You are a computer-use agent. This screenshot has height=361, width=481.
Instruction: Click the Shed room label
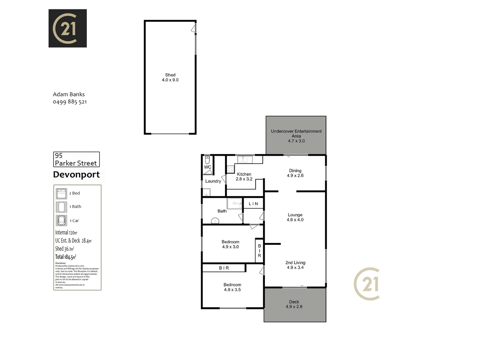[170, 78]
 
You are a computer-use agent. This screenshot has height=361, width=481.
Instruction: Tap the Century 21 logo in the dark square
[67, 28]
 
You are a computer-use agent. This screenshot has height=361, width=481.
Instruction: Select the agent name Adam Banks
[69, 94]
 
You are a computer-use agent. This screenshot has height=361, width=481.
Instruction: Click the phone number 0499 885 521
[70, 102]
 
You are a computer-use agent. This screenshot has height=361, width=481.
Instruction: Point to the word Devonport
[76, 174]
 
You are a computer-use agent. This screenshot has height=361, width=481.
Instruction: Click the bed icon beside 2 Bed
[61, 194]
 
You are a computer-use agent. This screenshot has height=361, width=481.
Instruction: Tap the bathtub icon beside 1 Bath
[61, 207]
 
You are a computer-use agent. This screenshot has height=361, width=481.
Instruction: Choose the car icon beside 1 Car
[61, 221]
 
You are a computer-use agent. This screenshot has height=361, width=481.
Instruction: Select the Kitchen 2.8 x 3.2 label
[244, 176]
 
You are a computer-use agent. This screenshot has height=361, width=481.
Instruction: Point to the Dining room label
[295, 173]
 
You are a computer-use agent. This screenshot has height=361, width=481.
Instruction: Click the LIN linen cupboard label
[254, 204]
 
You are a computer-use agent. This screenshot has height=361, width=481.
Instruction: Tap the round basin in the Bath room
[215, 221]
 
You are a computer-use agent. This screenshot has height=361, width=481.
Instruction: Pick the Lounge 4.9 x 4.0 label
[295, 217]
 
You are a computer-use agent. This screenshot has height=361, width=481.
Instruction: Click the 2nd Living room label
[295, 265]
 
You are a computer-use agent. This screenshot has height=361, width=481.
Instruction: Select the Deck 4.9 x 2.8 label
[294, 304]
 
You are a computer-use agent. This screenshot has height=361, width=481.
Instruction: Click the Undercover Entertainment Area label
[296, 136]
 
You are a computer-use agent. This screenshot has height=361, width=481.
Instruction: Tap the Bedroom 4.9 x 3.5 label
[232, 287]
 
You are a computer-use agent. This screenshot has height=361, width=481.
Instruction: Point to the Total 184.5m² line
[66, 257]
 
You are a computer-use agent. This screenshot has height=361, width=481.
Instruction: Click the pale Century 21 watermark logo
[367, 284]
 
